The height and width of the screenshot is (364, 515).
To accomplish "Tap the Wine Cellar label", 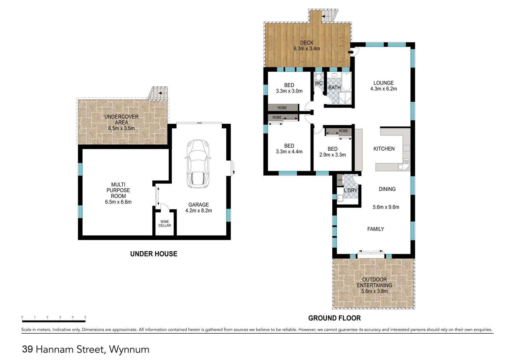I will tap(165, 223).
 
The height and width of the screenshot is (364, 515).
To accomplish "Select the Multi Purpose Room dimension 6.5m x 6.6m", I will tap(118, 202).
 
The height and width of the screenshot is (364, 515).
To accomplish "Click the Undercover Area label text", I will tap(121, 119).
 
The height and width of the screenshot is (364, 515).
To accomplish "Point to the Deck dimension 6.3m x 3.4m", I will tap(307, 49).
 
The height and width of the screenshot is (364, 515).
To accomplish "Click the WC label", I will tap(319, 83).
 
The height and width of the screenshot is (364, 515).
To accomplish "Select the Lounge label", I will tap(383, 83).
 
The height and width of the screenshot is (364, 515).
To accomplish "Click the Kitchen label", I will tap(384, 149).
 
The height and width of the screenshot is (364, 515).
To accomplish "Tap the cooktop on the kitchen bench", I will tap(406, 148).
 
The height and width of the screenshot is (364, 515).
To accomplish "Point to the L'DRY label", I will tap(351, 190).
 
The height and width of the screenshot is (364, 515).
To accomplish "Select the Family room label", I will tap(375, 229).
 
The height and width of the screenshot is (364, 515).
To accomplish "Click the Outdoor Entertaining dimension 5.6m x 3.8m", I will tap(374, 291).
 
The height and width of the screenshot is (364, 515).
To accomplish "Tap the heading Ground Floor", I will tap(334, 318).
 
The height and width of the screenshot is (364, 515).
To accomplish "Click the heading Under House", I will tap(154, 254).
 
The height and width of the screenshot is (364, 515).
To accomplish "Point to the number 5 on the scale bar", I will tap(85, 317).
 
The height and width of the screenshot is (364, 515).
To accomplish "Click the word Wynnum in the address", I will tap(129, 349).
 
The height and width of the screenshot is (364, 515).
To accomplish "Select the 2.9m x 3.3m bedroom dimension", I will tap(332, 155).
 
